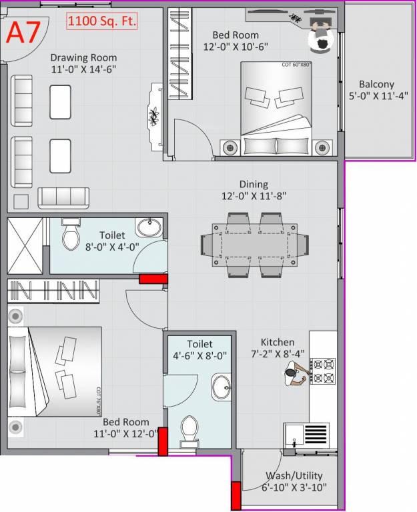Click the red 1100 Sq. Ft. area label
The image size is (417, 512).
[x=102, y=21]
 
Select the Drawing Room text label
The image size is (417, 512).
[x=83, y=57]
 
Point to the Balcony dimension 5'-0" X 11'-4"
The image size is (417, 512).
[x=376, y=95]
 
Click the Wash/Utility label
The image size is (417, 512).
[x=294, y=476]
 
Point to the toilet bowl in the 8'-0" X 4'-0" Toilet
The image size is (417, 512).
[x=71, y=237]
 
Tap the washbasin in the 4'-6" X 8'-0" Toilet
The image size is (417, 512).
[x=222, y=386]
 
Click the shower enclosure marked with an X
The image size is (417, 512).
[x=27, y=245]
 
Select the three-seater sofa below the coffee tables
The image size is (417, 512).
[x=63, y=197]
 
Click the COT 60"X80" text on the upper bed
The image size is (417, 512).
[x=297, y=65]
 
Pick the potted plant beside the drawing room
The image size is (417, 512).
[x=155, y=117]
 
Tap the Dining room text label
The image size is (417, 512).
[x=254, y=185]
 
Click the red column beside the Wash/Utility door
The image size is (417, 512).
[x=236, y=495]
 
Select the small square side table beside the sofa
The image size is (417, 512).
[x=21, y=201]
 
